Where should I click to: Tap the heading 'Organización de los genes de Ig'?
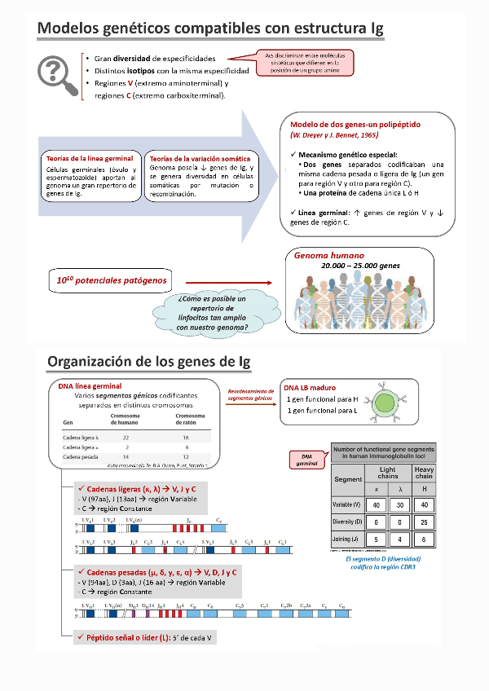(149, 361)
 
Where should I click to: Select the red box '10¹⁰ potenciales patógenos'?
(112, 281)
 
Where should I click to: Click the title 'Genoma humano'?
(329, 256)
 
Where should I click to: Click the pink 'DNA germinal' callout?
(306, 460)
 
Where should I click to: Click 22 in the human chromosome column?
(127, 438)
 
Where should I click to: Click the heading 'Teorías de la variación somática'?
(201, 158)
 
